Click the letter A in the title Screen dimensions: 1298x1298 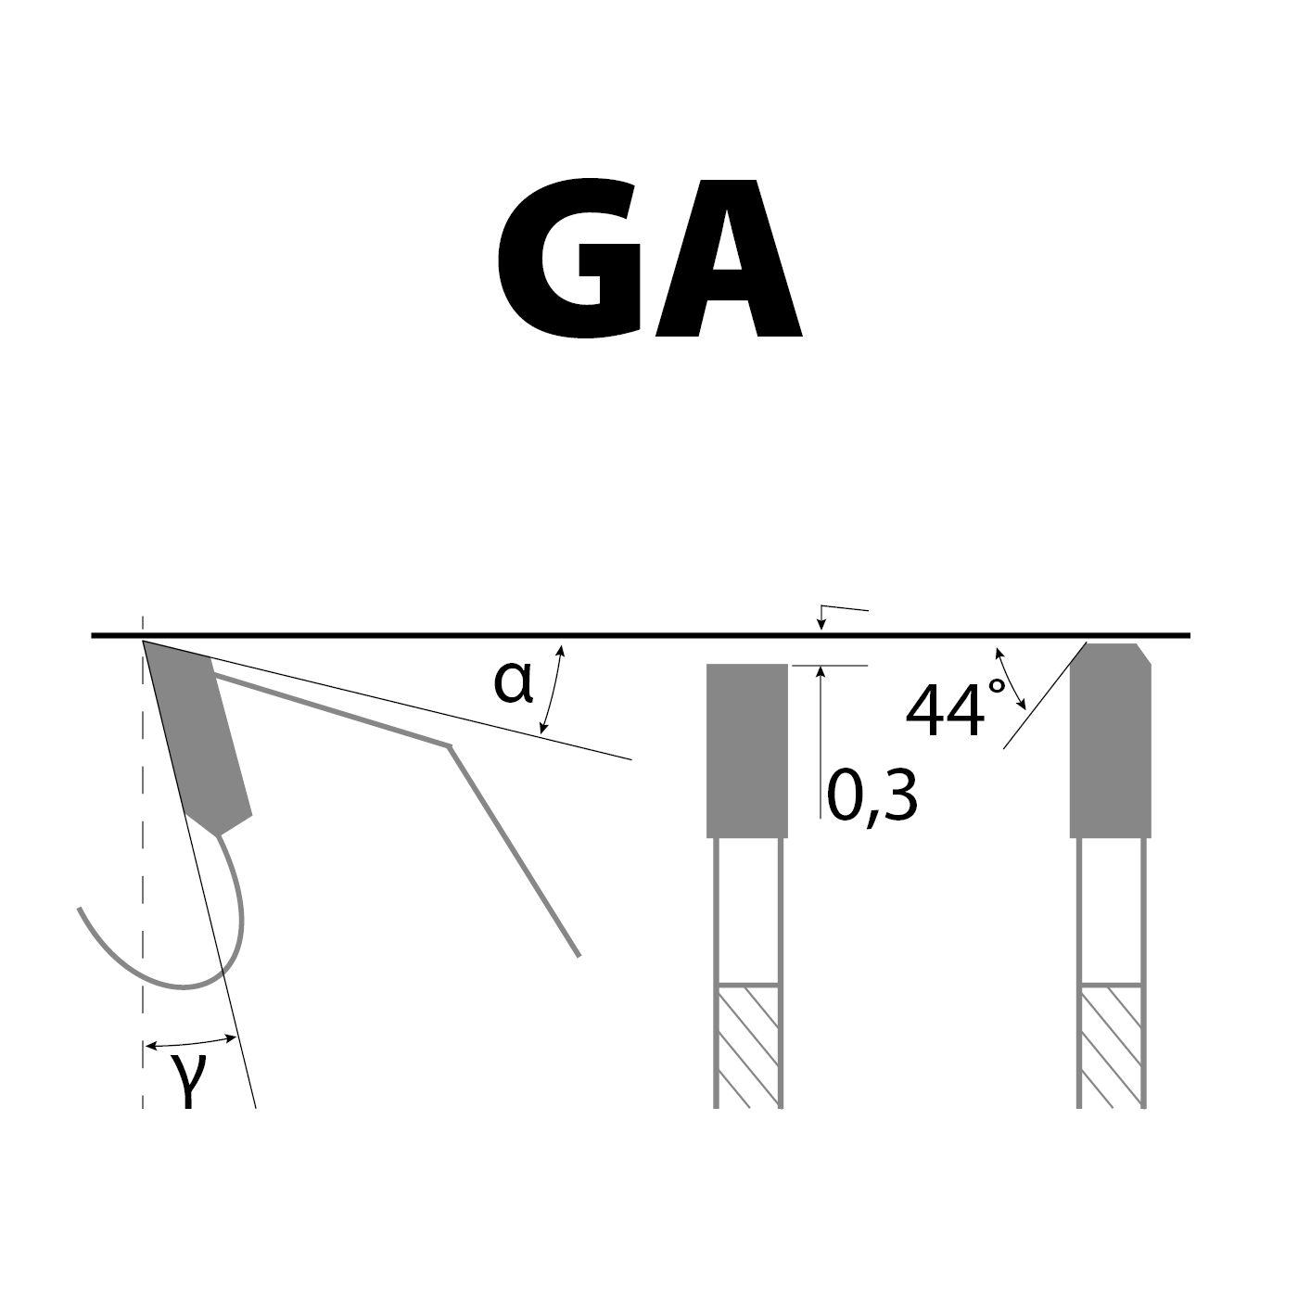(728, 260)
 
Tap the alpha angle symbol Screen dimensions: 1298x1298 (513, 684)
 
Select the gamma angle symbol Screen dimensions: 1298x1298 (188, 1081)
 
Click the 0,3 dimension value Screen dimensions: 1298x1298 (872, 797)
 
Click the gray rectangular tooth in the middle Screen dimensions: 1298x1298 (747, 751)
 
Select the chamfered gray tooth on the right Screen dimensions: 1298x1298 (1110, 742)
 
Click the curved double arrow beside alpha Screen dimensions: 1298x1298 (554, 691)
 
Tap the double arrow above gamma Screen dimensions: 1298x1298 (191, 1042)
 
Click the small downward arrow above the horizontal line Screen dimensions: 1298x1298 (820, 619)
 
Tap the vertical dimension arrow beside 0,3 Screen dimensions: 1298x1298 (820, 742)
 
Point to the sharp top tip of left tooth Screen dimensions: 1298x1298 (146, 642)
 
